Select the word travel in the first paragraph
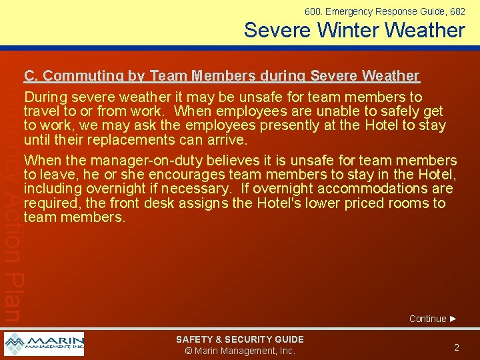[x=42, y=111]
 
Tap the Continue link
[x=427, y=319]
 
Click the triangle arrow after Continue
[x=453, y=319]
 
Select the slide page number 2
[x=457, y=347]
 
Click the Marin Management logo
[x=44, y=344]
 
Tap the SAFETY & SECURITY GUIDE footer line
[x=240, y=339]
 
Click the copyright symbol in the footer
[x=189, y=351]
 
